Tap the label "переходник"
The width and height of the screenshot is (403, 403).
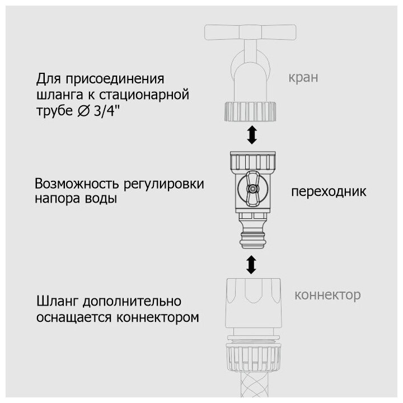(x=328, y=191)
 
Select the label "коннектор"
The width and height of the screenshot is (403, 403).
(x=327, y=295)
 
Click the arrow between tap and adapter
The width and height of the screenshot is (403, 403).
(x=252, y=135)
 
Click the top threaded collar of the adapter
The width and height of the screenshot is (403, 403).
(x=252, y=161)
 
